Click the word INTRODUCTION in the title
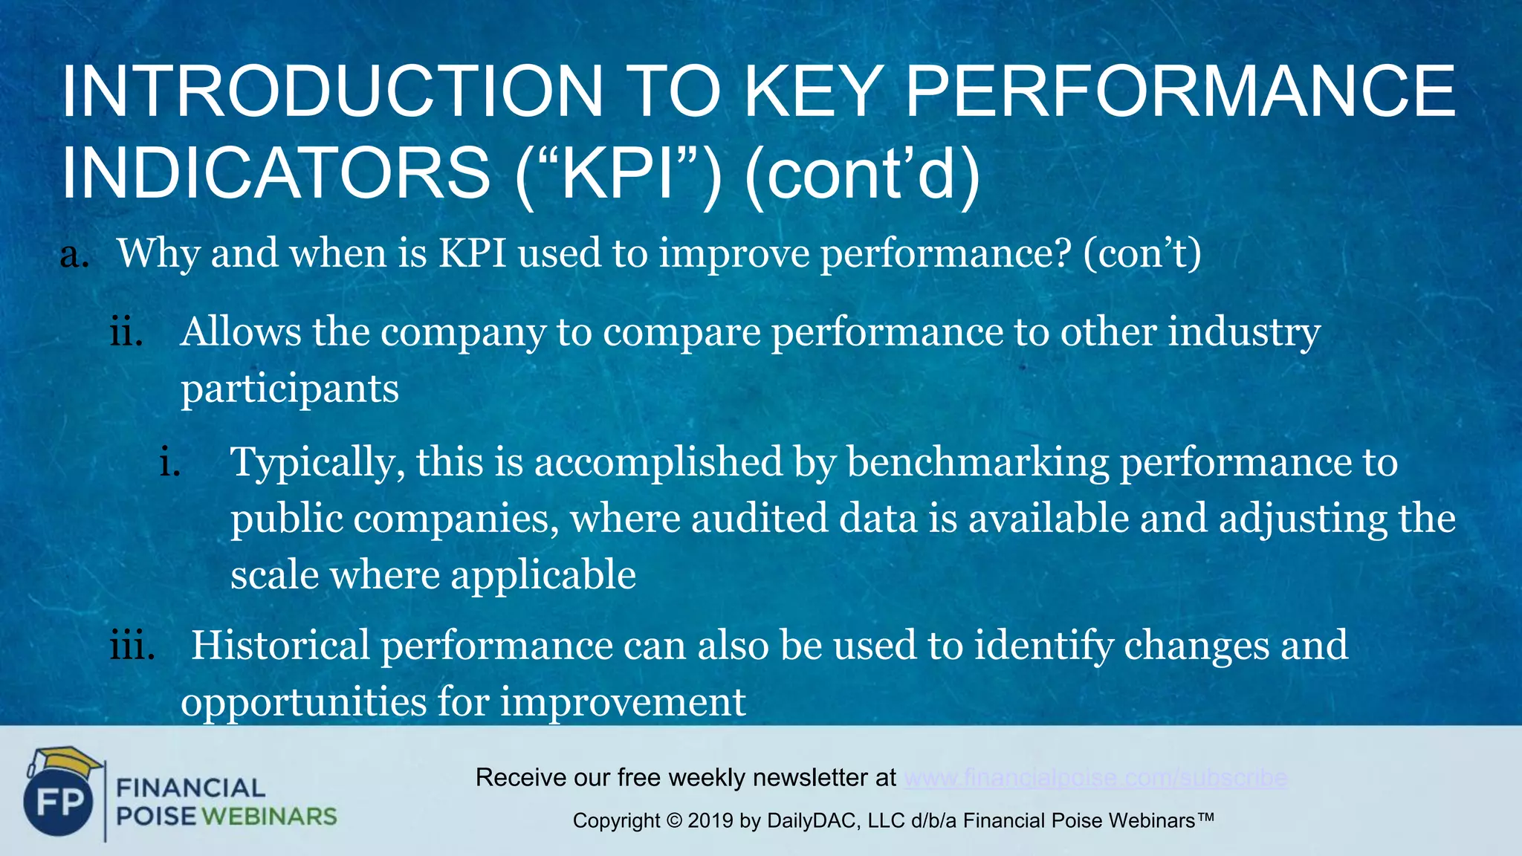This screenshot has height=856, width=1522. click(331, 92)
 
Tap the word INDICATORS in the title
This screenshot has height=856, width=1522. click(276, 173)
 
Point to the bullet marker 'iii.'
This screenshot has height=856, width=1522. click(132, 646)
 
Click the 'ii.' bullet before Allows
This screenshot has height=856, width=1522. click(126, 332)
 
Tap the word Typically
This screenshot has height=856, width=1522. click(318, 463)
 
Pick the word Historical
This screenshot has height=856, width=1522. click(280, 646)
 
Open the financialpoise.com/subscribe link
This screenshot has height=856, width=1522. click(1095, 778)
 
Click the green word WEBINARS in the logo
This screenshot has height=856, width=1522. click(269, 817)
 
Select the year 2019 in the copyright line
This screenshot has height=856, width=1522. click(710, 821)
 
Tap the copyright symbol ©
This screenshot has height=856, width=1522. click(674, 821)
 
